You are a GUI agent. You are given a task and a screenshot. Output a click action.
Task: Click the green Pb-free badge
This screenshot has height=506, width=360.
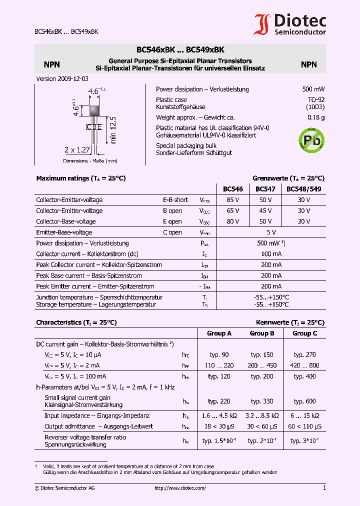[x=311, y=139]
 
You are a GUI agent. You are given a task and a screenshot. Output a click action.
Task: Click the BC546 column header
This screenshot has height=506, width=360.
[x=232, y=189]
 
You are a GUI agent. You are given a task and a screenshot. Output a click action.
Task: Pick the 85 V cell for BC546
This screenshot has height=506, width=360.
[x=233, y=200]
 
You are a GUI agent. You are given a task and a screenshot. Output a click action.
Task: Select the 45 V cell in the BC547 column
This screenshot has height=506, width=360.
[x=265, y=211]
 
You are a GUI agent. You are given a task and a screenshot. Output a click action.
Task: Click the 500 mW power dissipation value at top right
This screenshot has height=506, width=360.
[x=313, y=89]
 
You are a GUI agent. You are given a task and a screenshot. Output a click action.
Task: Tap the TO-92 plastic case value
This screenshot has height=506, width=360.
[x=316, y=100]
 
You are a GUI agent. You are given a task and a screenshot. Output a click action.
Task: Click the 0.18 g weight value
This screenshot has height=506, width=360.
[x=316, y=117]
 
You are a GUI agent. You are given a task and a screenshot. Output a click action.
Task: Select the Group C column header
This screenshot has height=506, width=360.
[x=304, y=333]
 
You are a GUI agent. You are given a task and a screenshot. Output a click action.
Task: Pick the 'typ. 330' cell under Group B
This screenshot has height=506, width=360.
[x=262, y=401]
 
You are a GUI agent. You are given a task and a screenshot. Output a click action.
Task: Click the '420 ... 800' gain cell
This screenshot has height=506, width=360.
[x=304, y=365]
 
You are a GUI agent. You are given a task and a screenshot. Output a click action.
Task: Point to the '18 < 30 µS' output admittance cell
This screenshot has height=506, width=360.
[x=219, y=426]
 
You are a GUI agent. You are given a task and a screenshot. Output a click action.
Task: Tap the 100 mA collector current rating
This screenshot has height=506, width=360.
[x=271, y=254]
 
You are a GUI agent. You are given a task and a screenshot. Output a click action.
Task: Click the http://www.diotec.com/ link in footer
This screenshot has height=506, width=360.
[x=180, y=488]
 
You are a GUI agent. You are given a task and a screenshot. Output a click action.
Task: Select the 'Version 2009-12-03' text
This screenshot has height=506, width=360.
[x=62, y=79]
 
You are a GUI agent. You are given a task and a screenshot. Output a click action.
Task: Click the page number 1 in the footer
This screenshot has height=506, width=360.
[x=324, y=487]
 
